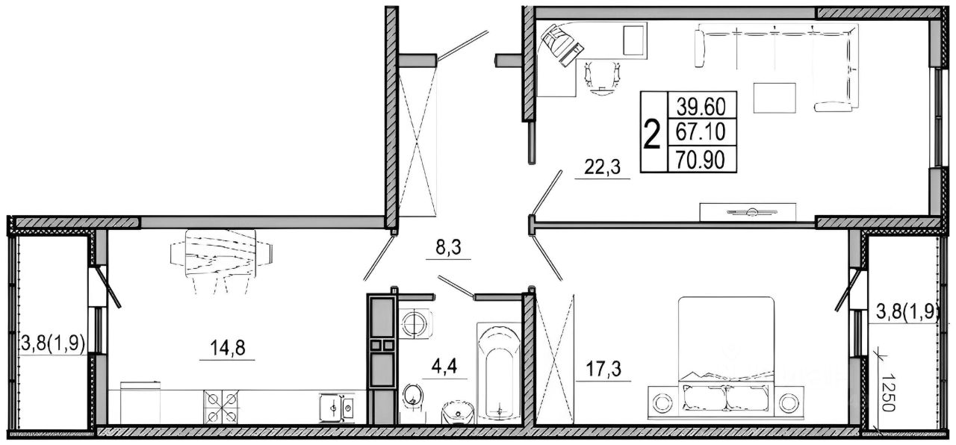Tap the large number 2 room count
click(x=652, y=135)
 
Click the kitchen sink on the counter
click(x=337, y=408)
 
